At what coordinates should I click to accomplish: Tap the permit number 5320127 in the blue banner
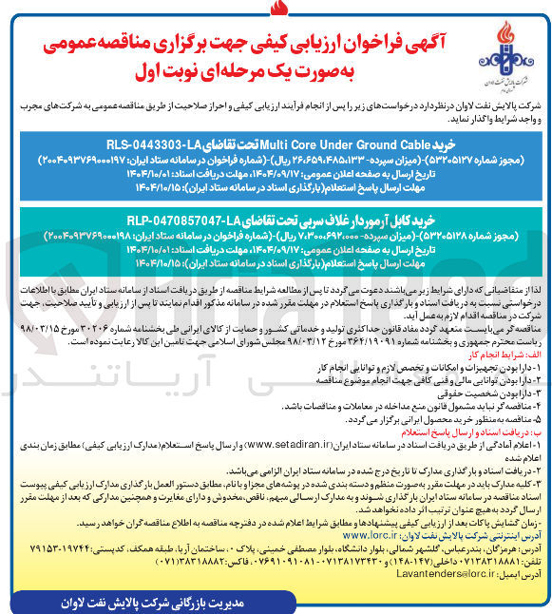(455, 159)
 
